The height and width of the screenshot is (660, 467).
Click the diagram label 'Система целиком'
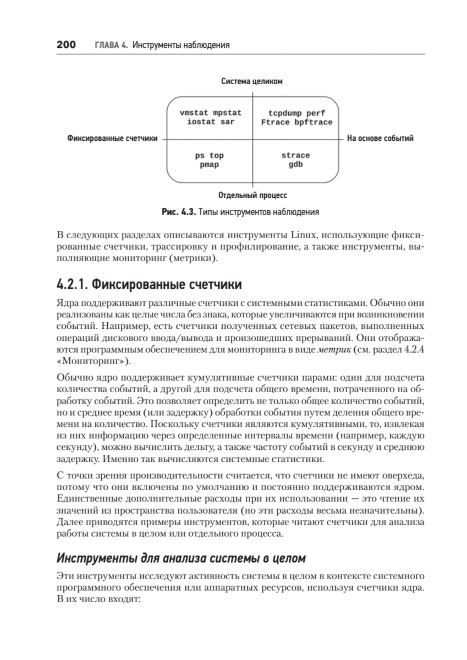pos(252,81)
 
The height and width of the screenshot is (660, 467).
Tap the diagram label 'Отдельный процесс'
pos(252,195)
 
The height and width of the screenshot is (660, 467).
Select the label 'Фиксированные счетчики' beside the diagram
pos(112,139)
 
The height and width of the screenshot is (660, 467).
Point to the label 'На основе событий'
pos(380,139)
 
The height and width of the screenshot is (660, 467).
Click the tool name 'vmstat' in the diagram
pos(194,113)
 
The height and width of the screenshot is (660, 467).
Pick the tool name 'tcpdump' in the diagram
pos(279,113)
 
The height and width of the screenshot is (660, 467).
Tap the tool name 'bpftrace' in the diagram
pos(314,122)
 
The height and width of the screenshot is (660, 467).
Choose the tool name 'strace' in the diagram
pos(296,156)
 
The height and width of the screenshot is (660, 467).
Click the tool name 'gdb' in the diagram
pos(296,164)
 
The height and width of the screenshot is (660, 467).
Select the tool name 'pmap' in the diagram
pos(210,164)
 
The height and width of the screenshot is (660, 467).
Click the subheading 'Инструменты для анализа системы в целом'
pos(180,558)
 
